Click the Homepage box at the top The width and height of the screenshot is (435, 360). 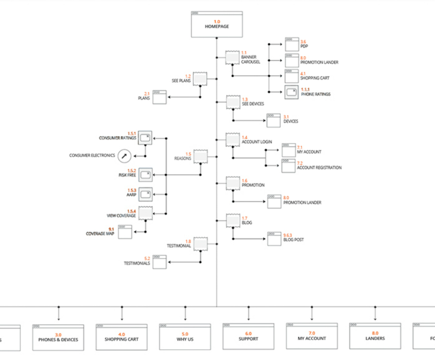pyautogui.click(x=217, y=24)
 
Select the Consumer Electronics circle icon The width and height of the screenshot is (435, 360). pyautogui.click(x=125, y=156)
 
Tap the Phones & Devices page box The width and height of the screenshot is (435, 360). pyautogui.click(x=58, y=337)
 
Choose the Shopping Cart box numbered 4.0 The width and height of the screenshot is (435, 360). pyautogui.click(x=121, y=337)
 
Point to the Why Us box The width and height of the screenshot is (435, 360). pyautogui.click(x=185, y=337)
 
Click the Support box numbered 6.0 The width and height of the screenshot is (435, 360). pyautogui.click(x=248, y=337)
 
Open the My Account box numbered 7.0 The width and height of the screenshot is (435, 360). pyautogui.click(x=312, y=337)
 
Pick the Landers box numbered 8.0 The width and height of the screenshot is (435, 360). pyautogui.click(x=375, y=336)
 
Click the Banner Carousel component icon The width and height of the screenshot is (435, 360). pyautogui.click(x=233, y=58)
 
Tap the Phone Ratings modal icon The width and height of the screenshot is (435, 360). pyautogui.click(x=291, y=92)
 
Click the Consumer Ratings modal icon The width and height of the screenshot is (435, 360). pyautogui.click(x=145, y=138)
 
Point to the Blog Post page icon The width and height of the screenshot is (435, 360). pyautogui.click(x=274, y=239)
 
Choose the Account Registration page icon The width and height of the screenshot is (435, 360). pyautogui.click(x=289, y=166)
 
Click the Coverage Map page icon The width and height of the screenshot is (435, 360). pyautogui.click(x=125, y=232)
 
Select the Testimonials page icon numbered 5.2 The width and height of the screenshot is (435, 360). pyautogui.click(x=159, y=262)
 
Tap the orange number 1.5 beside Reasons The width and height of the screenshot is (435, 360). pyautogui.click(x=188, y=154)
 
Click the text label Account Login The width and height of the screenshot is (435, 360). pyautogui.click(x=257, y=142)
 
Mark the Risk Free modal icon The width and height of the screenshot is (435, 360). pyautogui.click(x=145, y=174)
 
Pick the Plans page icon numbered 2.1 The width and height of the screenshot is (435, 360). pyautogui.click(x=159, y=97)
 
